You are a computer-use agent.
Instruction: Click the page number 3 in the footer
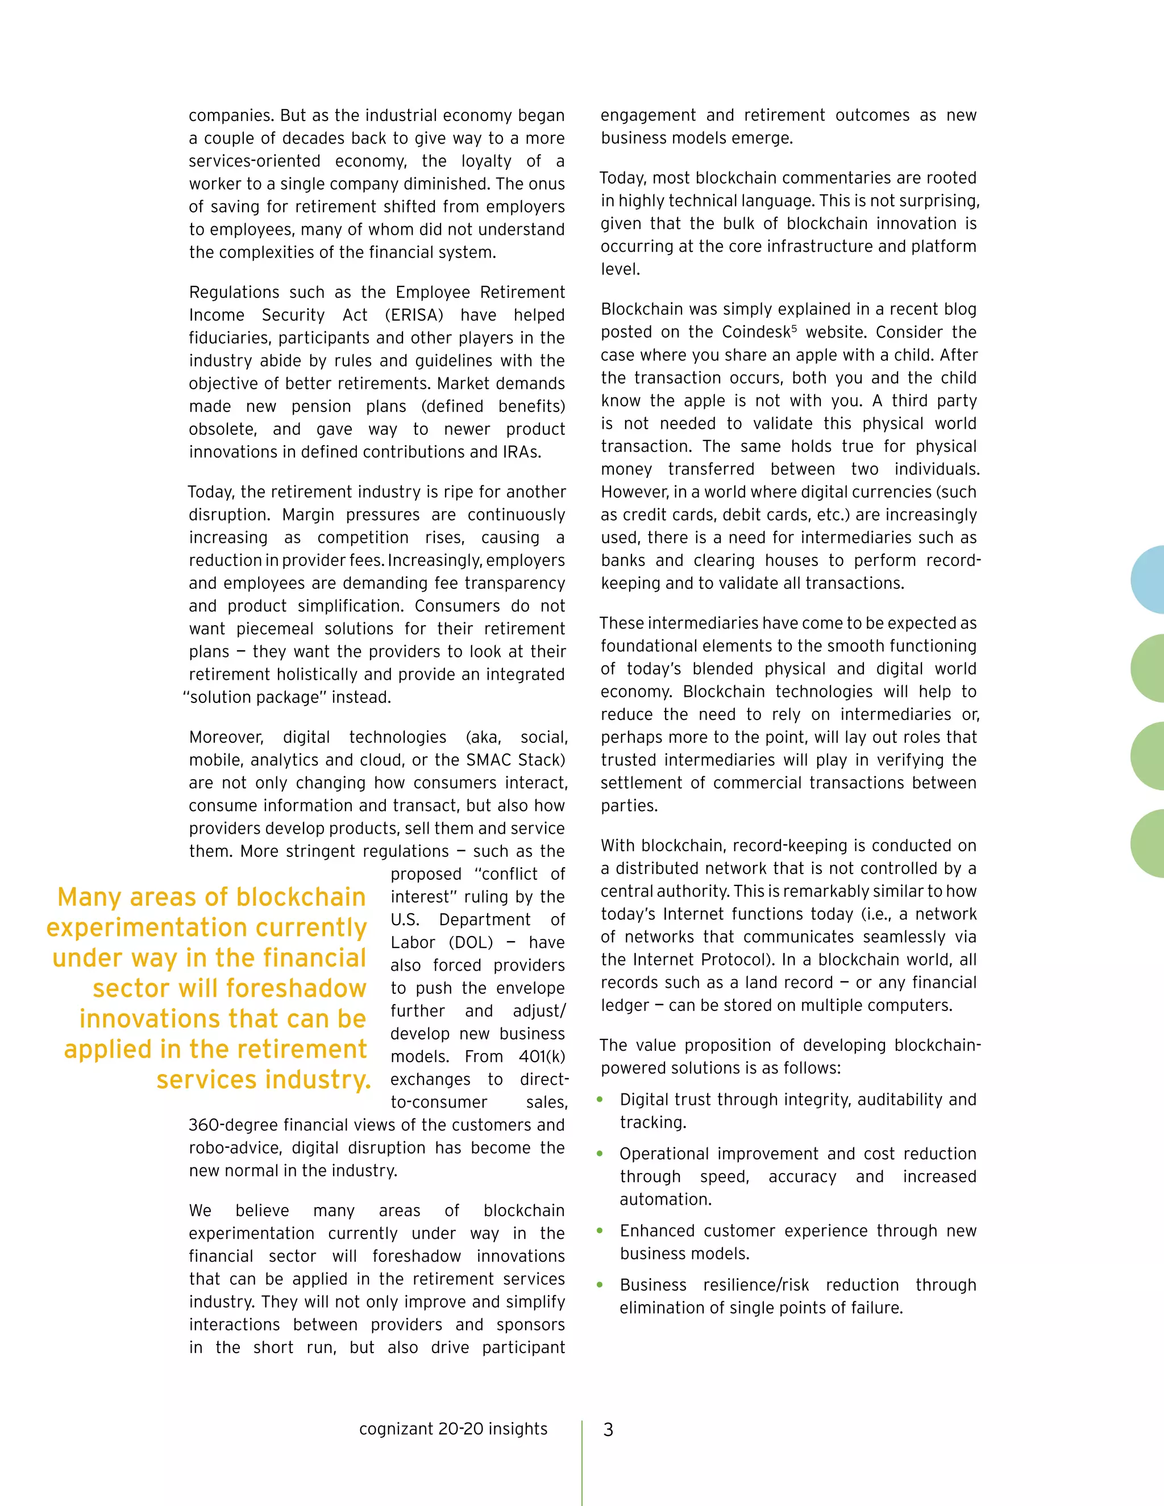coord(608,1429)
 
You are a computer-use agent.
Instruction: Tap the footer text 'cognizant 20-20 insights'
coord(453,1429)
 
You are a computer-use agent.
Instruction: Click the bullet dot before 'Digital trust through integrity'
coord(600,1099)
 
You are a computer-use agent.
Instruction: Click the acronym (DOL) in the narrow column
coord(471,943)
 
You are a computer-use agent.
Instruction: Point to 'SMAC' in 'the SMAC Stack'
coord(489,760)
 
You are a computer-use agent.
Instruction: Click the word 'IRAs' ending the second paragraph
coord(519,452)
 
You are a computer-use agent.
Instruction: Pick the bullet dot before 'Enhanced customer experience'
coord(600,1230)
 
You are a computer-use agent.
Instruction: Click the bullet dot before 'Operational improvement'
coord(600,1154)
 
